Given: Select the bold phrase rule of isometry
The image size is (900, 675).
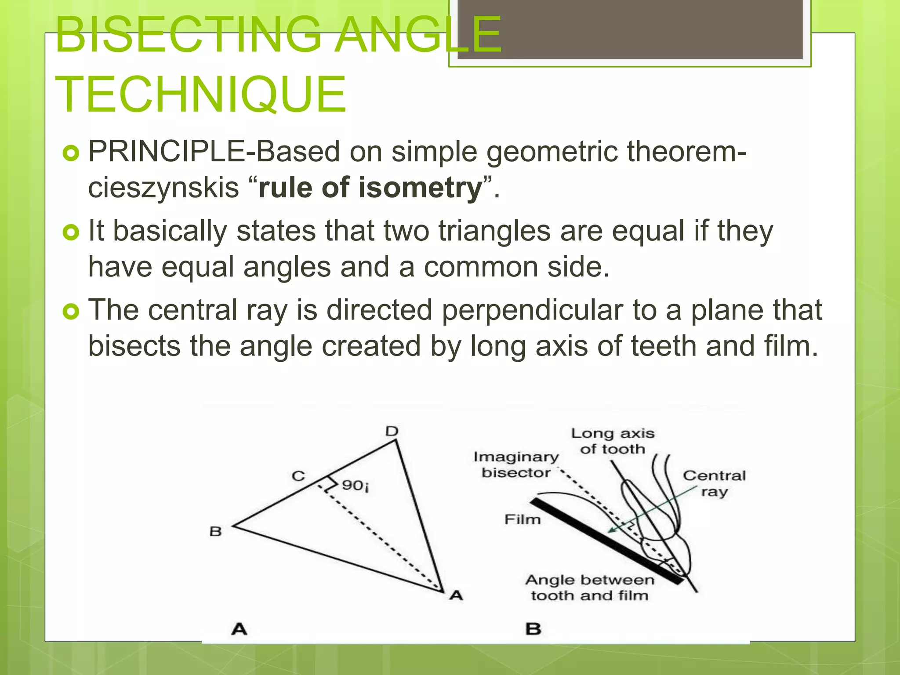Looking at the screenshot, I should [370, 188].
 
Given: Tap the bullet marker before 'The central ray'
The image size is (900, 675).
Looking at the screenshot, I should [71, 312].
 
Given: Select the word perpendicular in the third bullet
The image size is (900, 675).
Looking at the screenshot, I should [532, 310].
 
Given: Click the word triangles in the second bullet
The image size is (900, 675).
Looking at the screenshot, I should [494, 231].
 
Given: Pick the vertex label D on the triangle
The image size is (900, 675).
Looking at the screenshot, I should [392, 431].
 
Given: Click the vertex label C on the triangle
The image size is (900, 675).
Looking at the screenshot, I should [298, 476].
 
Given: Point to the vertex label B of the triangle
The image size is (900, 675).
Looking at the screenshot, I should [215, 532].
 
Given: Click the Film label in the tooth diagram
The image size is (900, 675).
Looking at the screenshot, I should [522, 519].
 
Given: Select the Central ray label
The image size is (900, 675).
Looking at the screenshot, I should [714, 483].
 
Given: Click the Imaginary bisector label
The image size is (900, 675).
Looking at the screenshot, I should [516, 465].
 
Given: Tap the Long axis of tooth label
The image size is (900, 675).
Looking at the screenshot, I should [613, 441].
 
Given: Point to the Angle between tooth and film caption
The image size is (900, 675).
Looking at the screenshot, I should [590, 588].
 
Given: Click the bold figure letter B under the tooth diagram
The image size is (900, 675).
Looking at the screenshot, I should [533, 629].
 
